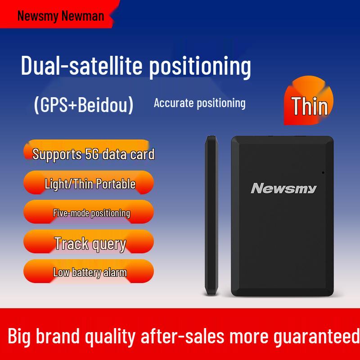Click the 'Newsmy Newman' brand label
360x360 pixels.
click(60, 16)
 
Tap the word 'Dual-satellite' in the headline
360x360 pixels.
click(81, 66)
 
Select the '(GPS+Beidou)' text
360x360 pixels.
click(84, 104)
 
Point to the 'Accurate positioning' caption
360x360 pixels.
click(199, 103)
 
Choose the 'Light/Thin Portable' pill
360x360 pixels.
click(90, 184)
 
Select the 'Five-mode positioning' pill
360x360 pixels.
click(91, 213)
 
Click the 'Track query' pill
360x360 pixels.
click(90, 243)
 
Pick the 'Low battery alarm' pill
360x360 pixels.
click(90, 272)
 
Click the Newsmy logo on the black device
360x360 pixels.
click(283, 188)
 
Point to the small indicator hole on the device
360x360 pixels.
click(323, 172)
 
